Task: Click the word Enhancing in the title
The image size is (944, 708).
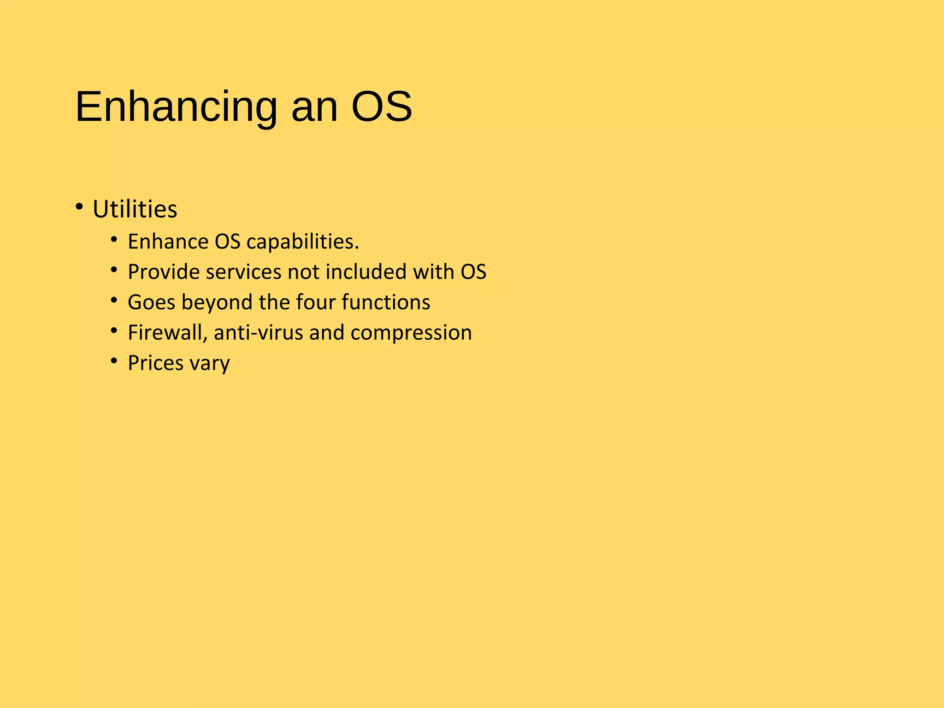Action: [x=176, y=107]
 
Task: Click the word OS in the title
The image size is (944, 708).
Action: [x=381, y=107]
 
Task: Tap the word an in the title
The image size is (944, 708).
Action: [x=314, y=107]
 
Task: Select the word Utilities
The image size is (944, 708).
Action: [x=135, y=210]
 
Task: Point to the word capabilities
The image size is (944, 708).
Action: [x=302, y=242]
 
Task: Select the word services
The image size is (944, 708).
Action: [x=243, y=272]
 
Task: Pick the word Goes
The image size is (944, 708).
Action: [x=151, y=303]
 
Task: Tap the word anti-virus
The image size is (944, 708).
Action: [x=258, y=333]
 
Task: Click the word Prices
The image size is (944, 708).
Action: [x=155, y=363]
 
